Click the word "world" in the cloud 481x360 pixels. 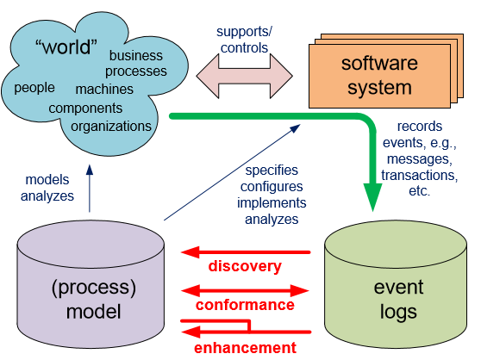click(66, 47)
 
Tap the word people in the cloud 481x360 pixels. click(34, 88)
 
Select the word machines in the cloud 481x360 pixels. click(104, 90)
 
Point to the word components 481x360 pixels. click(85, 109)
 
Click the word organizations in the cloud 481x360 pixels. click(111, 127)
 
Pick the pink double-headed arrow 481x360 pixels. click(245, 76)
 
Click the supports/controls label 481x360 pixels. click(244, 40)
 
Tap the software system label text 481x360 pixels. click(379, 76)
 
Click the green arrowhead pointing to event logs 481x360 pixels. click(372, 196)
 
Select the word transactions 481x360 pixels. click(419, 175)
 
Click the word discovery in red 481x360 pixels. click(245, 266)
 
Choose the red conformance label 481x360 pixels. click(245, 305)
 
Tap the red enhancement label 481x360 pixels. click(245, 348)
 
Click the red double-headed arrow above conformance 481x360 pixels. click(245, 291)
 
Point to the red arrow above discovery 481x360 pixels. click(246, 252)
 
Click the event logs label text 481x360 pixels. click(398, 300)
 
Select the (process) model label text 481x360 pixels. click(94, 300)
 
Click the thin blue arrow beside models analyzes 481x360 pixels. click(90, 189)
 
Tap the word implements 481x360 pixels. click(272, 203)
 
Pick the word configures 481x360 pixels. click(272, 187)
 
